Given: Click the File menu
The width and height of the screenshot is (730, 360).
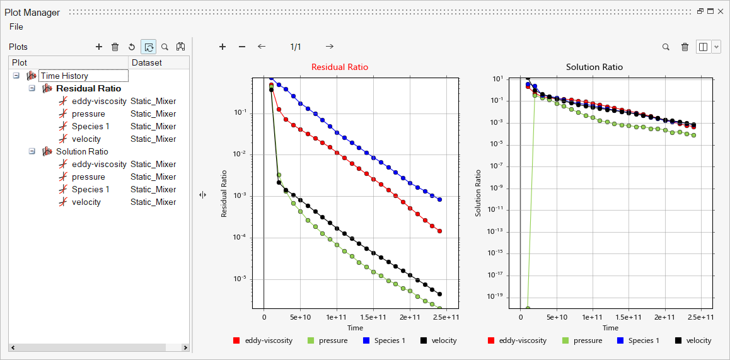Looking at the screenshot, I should (x=16, y=26).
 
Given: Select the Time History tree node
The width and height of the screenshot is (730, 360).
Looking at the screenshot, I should (x=64, y=76).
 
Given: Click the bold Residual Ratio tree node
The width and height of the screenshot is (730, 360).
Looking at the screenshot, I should (x=88, y=88).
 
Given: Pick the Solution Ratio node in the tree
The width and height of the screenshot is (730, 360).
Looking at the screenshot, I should (x=82, y=151).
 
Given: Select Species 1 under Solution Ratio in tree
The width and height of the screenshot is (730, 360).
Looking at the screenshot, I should (x=90, y=189).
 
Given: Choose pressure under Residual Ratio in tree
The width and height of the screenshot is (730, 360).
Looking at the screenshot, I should (x=88, y=113).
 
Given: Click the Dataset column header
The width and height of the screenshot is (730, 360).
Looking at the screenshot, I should (x=146, y=62).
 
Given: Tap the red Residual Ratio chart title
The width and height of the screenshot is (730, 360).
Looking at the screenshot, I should (x=340, y=67).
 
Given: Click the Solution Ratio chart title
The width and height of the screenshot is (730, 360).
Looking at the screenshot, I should (x=594, y=67).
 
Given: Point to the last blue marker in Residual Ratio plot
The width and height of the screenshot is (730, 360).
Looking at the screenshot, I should (x=439, y=199).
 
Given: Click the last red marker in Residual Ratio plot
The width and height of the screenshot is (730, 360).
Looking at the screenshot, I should (x=439, y=231).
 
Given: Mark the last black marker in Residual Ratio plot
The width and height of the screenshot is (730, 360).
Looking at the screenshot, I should (x=439, y=294).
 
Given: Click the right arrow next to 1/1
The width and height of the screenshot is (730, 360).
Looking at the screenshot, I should (x=330, y=47).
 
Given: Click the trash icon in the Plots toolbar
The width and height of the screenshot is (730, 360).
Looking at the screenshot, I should (x=115, y=47).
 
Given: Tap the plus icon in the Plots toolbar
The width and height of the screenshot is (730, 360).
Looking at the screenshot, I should (x=98, y=47).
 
